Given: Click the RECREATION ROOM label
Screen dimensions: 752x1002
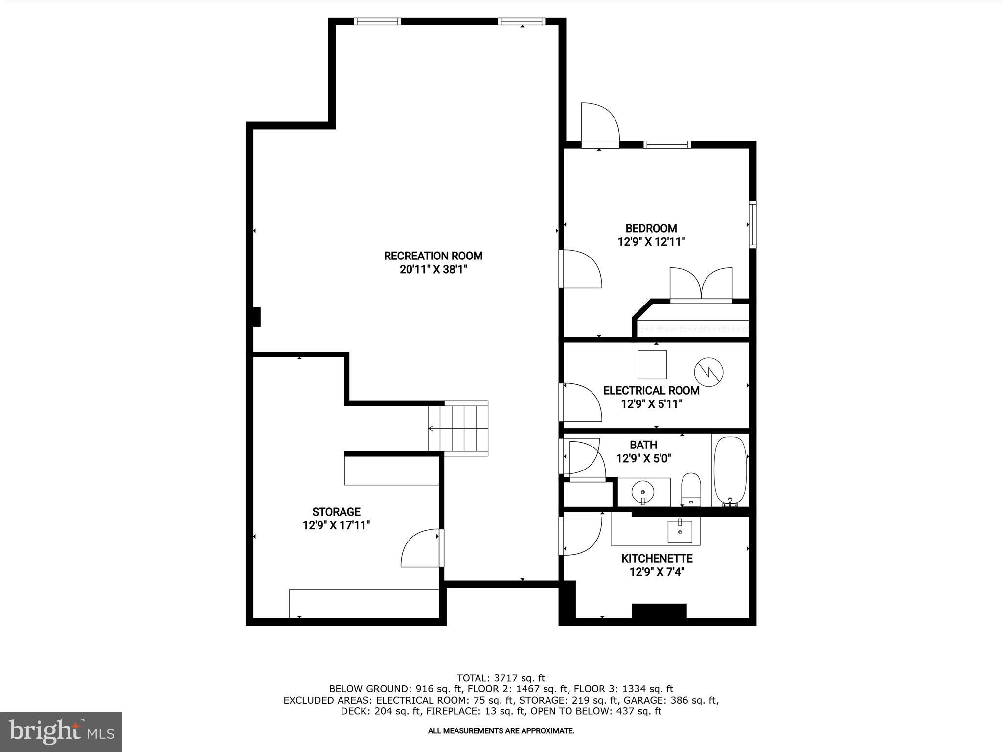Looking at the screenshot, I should click(x=433, y=256).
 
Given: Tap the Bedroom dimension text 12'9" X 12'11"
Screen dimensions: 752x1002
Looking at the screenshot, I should click(x=651, y=242).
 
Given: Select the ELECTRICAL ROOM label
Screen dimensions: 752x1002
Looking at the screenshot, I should click(x=651, y=391).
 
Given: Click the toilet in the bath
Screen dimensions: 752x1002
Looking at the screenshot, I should click(x=691, y=489).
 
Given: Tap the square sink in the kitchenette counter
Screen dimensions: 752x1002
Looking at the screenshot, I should click(x=680, y=532).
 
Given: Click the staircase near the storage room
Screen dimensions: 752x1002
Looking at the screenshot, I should click(x=458, y=429).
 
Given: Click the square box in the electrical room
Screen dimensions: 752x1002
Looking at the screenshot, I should click(x=652, y=365).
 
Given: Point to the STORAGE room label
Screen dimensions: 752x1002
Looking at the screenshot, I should click(x=336, y=512).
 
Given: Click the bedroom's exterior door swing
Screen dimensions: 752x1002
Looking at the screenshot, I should click(x=599, y=122).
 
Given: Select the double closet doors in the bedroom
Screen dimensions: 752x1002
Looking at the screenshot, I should click(x=701, y=284).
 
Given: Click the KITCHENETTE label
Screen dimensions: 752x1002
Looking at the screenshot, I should click(x=657, y=559).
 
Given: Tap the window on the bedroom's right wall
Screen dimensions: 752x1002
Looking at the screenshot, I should click(x=752, y=225).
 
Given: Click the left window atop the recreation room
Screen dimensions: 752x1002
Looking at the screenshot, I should click(x=377, y=22).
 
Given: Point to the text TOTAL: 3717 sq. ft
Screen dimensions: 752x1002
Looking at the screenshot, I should click(x=501, y=678).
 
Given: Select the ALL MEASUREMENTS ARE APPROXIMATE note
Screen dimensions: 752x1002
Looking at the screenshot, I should click(x=501, y=731).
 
